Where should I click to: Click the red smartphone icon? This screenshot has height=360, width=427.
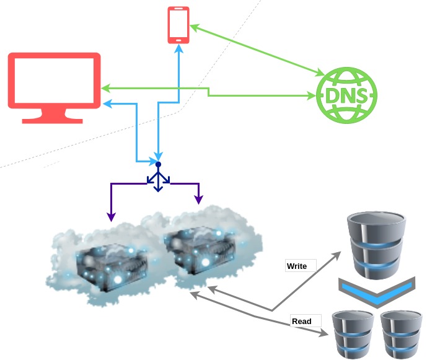coord(178,25)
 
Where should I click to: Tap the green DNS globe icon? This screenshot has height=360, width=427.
coord(346,95)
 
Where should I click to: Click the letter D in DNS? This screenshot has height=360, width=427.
coord(328,96)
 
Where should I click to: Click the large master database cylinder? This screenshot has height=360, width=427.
coord(377,245)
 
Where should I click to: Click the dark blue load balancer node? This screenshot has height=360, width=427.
coord(158,164)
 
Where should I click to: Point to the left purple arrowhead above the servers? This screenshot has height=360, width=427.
coord(112,217)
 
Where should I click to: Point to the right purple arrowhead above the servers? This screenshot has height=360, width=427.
coord(199,200)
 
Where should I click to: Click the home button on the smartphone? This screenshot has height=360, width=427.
coord(178,40)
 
